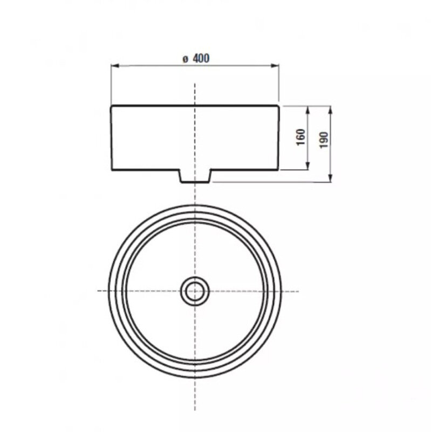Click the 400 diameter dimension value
pyautogui.click(x=201, y=58)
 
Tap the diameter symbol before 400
pyautogui.click(x=186, y=59)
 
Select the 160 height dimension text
pyautogui.click(x=301, y=137)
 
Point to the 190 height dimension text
pyautogui.click(x=324, y=140)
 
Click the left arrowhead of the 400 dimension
pyautogui.click(x=114, y=65)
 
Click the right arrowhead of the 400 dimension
pyautogui.click(x=275, y=65)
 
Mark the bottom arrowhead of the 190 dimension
pyautogui.click(x=331, y=178)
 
